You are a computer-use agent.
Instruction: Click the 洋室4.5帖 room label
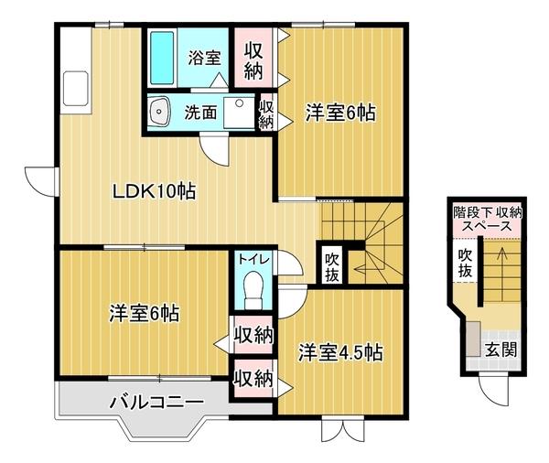pyautogui.click(x=339, y=352)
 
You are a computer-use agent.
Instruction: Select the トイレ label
pyautogui.click(x=253, y=259)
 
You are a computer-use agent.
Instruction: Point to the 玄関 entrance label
pyautogui.click(x=500, y=349)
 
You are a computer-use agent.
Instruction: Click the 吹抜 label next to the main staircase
pyautogui.click(x=331, y=264)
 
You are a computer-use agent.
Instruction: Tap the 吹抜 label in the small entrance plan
pyautogui.click(x=466, y=263)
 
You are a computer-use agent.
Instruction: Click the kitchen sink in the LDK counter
pyautogui.click(x=76, y=91)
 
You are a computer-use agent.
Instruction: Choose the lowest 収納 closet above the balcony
pyautogui.click(x=253, y=376)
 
